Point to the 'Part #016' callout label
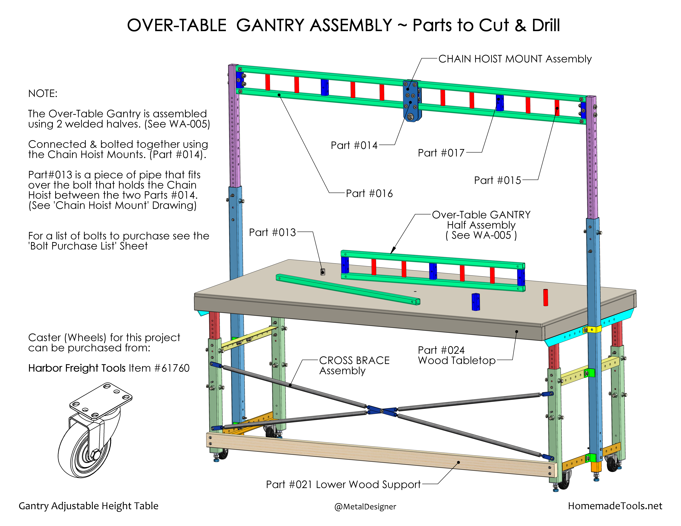pyautogui.click(x=369, y=193)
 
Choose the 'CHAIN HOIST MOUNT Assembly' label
pyautogui.click(x=515, y=59)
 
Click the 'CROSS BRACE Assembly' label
pyautogui.click(x=354, y=366)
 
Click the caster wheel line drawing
pyautogui.click(x=94, y=430)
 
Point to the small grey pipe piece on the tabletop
pyautogui.click(x=323, y=272)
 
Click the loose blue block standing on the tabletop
pyautogui.click(x=476, y=302)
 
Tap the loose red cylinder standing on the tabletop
pyautogui.click(x=545, y=298)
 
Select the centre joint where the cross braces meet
pyautogui.click(x=382, y=411)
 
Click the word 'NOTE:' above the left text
pyautogui.click(x=43, y=93)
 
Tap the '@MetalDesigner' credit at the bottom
pyautogui.click(x=365, y=507)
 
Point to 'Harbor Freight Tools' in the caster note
pyautogui.click(x=77, y=368)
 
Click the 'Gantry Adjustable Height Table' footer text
pyautogui.click(x=89, y=506)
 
